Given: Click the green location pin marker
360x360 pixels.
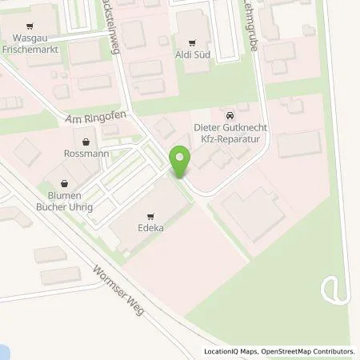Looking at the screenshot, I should (180, 162).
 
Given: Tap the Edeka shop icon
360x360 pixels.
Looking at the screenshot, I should (150, 216).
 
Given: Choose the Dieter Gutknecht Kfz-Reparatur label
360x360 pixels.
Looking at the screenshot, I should (230, 131).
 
